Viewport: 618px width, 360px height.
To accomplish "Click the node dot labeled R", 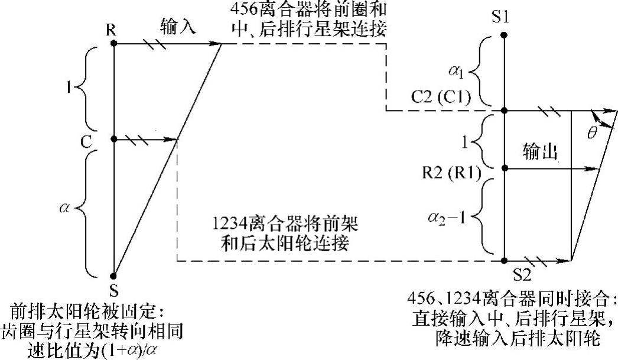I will coord(113,43).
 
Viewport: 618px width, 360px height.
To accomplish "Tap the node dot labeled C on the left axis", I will coord(113,140).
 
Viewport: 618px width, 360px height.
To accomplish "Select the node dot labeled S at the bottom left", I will coord(113,275).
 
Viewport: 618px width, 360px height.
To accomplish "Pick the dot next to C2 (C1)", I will coord(504,111).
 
